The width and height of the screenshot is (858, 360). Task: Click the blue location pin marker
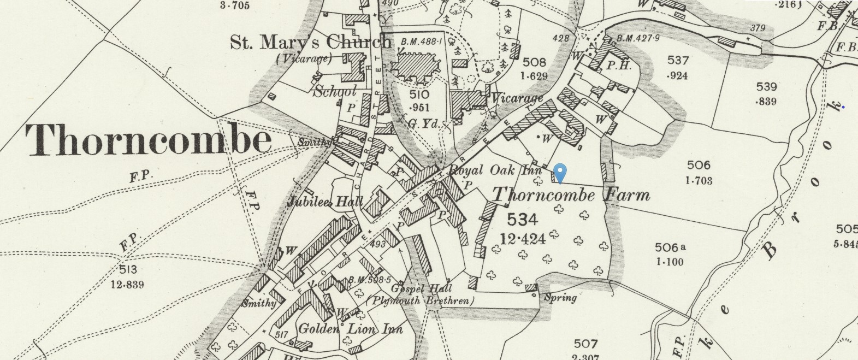tap(560, 172)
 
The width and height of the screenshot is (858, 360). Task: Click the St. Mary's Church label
tap(310, 42)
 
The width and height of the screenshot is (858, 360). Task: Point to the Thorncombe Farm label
tap(571, 195)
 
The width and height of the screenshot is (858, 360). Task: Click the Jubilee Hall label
tap(324, 202)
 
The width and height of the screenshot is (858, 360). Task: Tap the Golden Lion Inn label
tap(350, 329)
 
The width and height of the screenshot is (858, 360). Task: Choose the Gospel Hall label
tap(422, 288)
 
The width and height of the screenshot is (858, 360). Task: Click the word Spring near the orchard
tap(560, 298)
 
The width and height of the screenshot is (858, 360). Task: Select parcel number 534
tap(523, 220)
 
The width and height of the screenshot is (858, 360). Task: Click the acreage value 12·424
tap(523, 238)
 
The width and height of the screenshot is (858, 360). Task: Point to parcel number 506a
tap(670, 247)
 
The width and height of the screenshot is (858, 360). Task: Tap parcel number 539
tap(767, 86)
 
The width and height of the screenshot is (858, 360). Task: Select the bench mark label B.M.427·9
tap(638, 38)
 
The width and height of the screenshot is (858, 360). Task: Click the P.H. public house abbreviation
tap(619, 66)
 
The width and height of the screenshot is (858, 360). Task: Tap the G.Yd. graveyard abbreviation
tap(423, 124)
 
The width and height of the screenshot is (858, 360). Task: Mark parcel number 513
tap(127, 269)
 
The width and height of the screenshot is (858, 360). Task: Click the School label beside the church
tap(335, 91)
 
